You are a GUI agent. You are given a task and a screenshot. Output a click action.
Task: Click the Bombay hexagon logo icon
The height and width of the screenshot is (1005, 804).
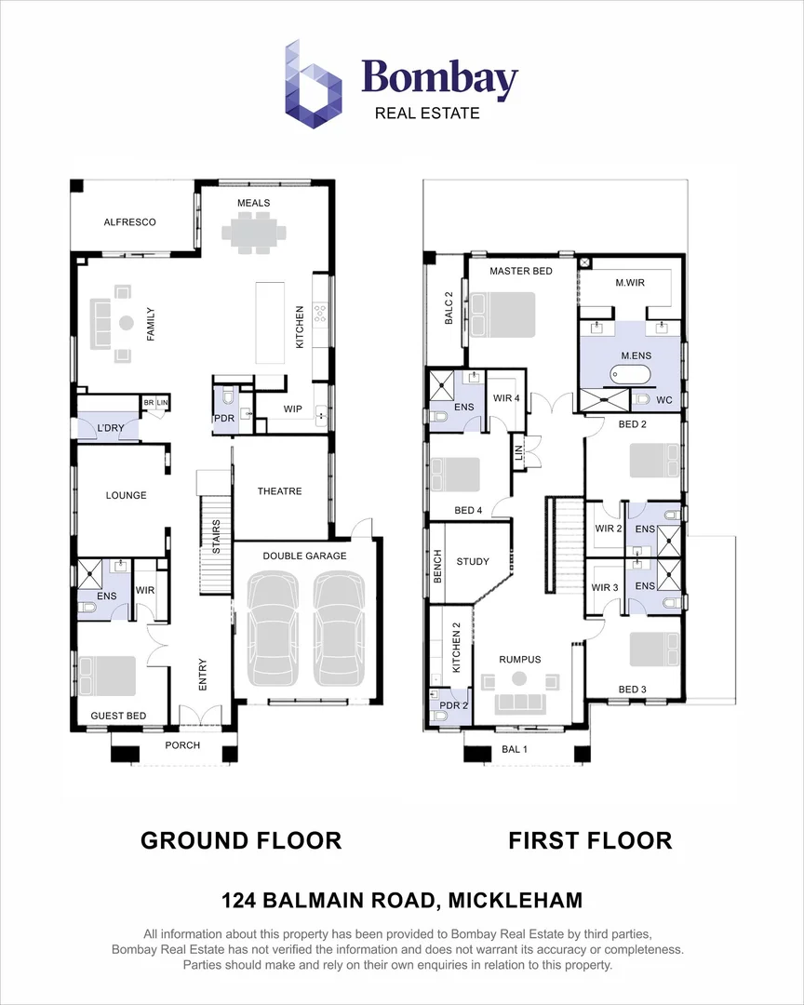(314, 84)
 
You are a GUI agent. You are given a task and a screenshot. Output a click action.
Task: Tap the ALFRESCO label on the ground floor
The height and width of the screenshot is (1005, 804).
(129, 222)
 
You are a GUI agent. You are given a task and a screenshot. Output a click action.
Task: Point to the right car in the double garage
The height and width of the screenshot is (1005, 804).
(338, 629)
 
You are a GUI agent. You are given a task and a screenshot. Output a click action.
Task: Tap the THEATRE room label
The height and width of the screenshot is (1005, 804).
(279, 491)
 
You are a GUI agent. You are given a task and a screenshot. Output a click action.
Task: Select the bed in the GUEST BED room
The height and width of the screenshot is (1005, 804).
(107, 676)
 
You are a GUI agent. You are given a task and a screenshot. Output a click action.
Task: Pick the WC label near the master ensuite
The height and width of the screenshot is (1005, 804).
(664, 400)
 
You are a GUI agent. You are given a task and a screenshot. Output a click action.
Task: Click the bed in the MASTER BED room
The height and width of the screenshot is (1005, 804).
(503, 315)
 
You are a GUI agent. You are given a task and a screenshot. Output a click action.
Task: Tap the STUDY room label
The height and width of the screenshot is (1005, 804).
(473, 561)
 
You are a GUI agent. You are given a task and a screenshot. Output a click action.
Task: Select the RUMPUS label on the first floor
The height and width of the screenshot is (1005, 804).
(519, 660)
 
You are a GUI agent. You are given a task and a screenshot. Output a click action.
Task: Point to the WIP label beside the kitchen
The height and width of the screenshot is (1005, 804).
(293, 408)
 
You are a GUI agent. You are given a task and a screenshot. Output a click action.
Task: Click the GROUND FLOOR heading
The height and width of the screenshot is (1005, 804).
(241, 841)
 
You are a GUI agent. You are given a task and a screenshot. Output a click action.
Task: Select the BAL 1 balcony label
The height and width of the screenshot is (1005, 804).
(515, 749)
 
